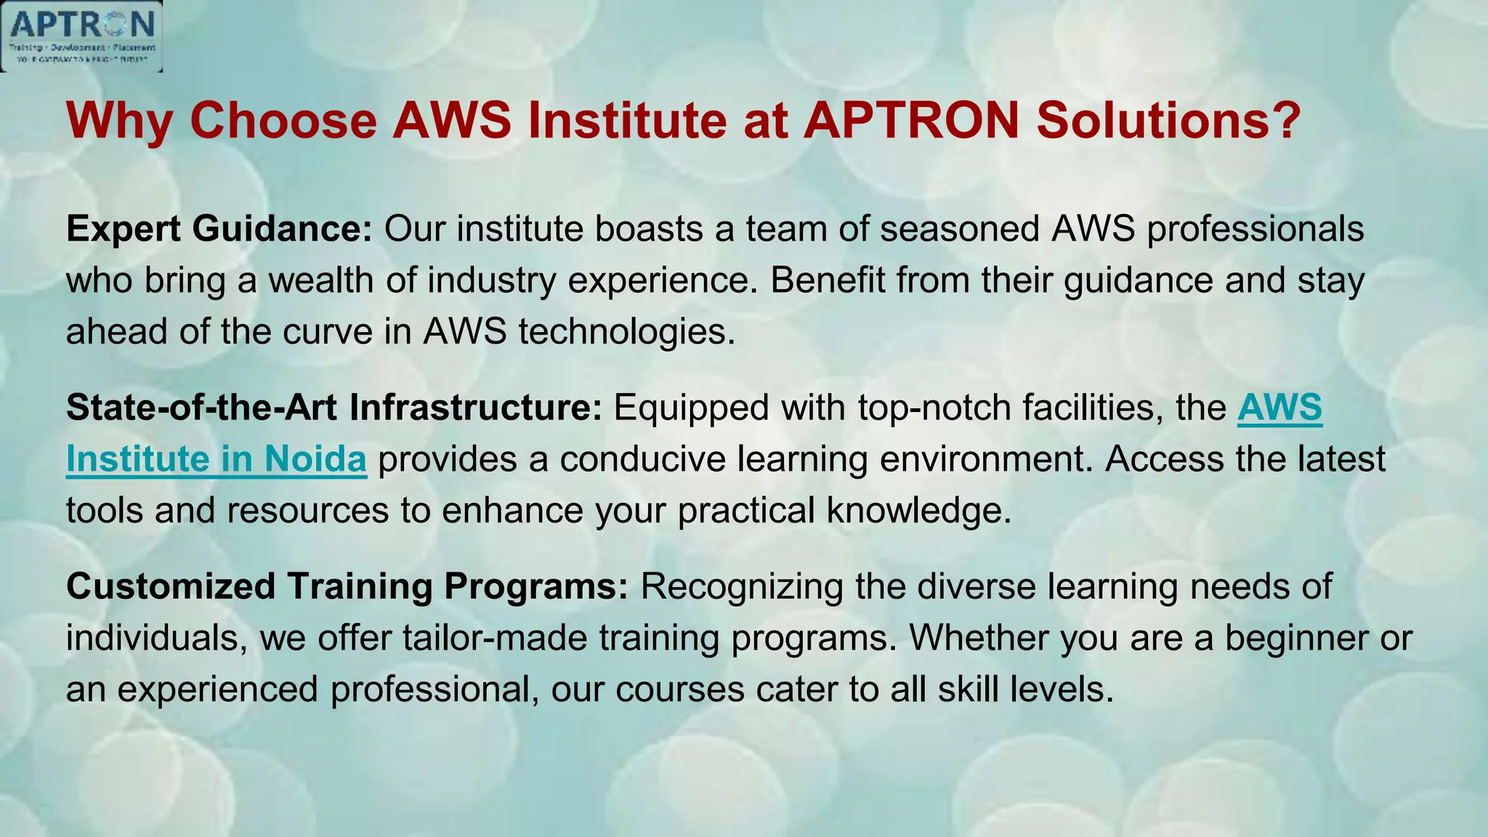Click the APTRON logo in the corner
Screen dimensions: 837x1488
point(81,36)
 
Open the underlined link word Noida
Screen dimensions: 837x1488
point(315,460)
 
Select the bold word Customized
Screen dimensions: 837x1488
point(171,587)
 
